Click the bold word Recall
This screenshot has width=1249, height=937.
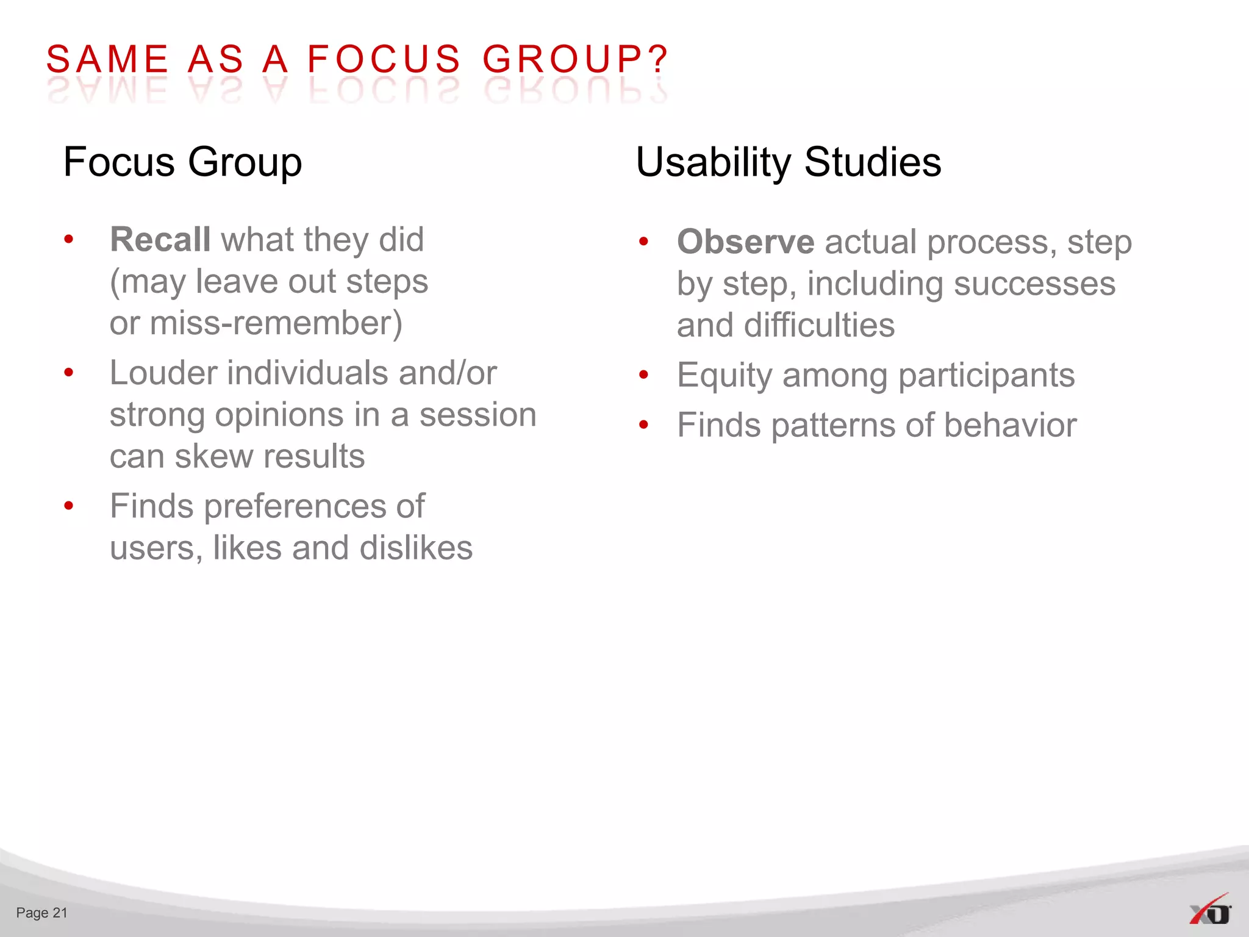[160, 239]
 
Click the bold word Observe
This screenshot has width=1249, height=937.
[745, 242]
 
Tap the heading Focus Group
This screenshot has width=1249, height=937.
[182, 162]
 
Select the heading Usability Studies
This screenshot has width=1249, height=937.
[788, 162]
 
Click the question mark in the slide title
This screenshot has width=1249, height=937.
[659, 60]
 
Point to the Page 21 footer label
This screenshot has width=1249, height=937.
[41, 913]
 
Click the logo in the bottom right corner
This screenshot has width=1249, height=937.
[1210, 910]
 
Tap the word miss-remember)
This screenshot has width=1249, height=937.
[276, 323]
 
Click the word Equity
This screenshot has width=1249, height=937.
[725, 375]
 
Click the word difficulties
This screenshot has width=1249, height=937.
[819, 325]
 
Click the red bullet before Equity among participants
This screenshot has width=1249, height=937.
[643, 375]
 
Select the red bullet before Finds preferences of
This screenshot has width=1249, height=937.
[69, 505]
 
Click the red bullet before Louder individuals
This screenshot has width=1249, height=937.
[69, 372]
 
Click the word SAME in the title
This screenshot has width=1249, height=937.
[107, 60]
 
